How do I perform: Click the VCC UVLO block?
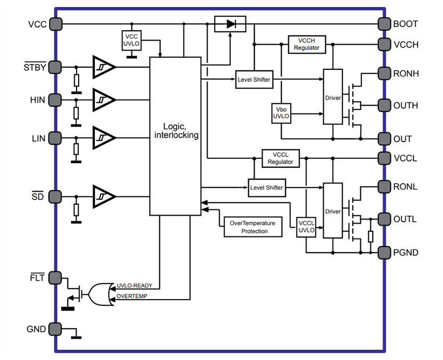point(131,41)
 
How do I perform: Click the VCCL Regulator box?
point(280,158)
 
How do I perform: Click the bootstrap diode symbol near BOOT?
point(230,24)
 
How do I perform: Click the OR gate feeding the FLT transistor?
point(100,294)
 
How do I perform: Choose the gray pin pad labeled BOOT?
point(384,24)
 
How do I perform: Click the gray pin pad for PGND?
point(384,253)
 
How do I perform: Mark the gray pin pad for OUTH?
point(384,106)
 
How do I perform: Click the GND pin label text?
point(36,329)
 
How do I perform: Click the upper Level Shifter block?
point(253,79)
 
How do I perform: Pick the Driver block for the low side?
point(333,210)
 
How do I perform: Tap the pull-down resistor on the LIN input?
point(77,150)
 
